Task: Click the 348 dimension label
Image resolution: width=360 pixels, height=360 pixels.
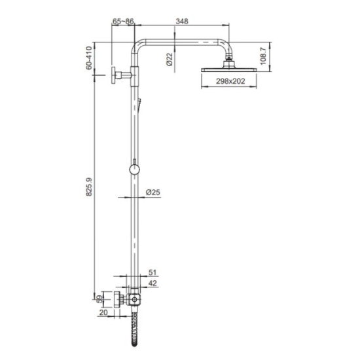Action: pos(182,22)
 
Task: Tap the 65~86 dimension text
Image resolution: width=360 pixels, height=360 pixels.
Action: pos(123,22)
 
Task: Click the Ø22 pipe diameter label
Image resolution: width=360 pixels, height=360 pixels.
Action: pos(169,60)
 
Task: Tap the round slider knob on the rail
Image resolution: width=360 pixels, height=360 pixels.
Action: pos(134,170)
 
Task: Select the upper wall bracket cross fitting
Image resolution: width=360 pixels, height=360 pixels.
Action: pos(124,75)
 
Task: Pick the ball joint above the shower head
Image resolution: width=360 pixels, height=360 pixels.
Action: pos(229,61)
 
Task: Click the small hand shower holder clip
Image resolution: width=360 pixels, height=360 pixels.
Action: pos(139,103)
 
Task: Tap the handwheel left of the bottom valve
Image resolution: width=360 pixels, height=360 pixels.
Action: pos(117,300)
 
